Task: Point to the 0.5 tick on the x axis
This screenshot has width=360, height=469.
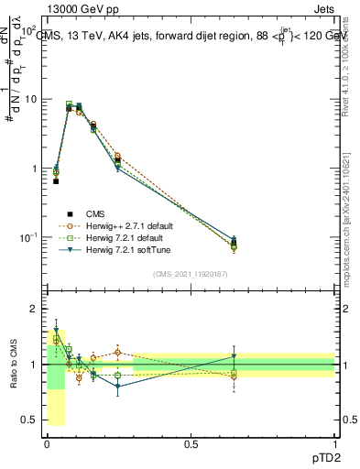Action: point(191,442)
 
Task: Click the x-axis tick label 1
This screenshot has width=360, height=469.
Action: point(334,442)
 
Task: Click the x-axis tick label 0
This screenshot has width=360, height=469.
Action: point(47,442)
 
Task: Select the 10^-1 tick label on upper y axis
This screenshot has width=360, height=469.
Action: point(27,238)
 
